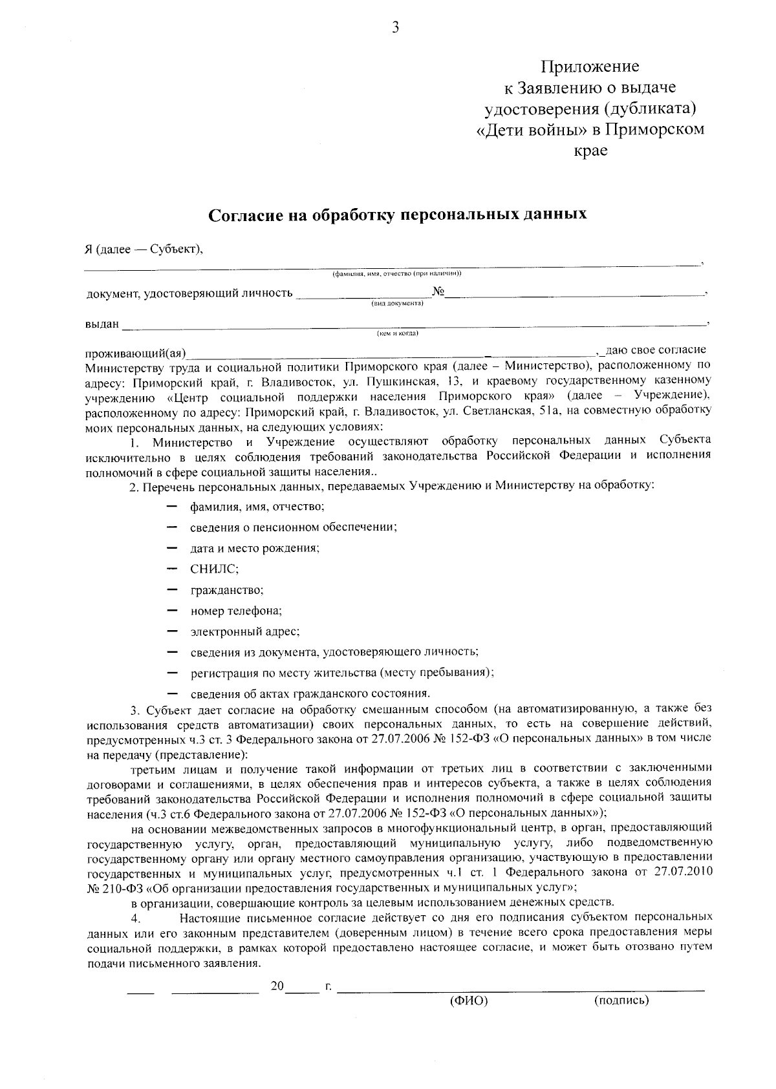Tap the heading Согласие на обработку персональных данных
397,214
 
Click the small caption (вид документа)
397,304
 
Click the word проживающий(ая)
136,353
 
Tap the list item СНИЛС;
215,569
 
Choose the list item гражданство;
226,589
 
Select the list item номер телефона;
236,610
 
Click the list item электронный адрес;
244,631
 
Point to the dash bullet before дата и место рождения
172,547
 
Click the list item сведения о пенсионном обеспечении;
293,527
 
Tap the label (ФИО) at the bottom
468,1001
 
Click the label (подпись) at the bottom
621,1001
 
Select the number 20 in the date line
277,986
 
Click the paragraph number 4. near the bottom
136,918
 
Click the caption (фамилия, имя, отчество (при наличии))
396,273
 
